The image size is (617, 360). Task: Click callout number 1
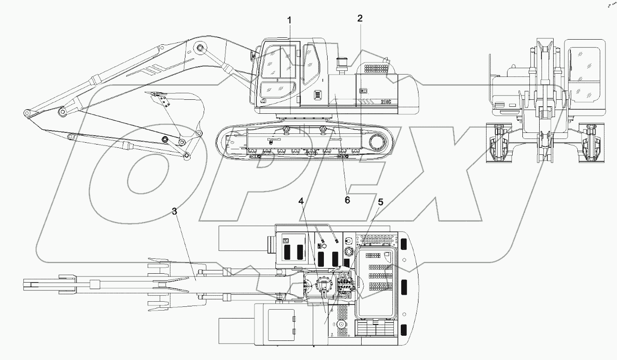(289, 21)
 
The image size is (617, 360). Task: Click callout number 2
(360, 19)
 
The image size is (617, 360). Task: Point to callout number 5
(380, 202)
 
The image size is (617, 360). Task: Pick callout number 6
(346, 200)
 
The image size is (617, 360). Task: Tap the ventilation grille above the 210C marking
(376, 69)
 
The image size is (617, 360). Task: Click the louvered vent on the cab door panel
(317, 96)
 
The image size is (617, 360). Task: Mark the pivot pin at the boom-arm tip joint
(27, 113)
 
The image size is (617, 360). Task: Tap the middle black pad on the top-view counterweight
(404, 286)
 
